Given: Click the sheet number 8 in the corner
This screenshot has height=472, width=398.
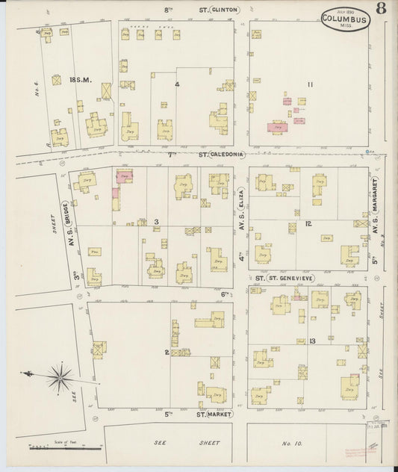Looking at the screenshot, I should click(x=382, y=10).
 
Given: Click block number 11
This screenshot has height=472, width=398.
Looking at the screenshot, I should click(x=309, y=84).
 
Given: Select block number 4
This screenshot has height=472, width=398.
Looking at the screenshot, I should click(x=177, y=84).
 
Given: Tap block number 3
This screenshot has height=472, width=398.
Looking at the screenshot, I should click(x=156, y=223).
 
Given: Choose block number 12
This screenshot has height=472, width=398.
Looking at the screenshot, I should click(x=308, y=223).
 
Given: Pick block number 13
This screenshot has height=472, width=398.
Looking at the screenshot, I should click(x=311, y=341).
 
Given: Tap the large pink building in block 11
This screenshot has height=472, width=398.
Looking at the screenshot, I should click(x=279, y=128).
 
